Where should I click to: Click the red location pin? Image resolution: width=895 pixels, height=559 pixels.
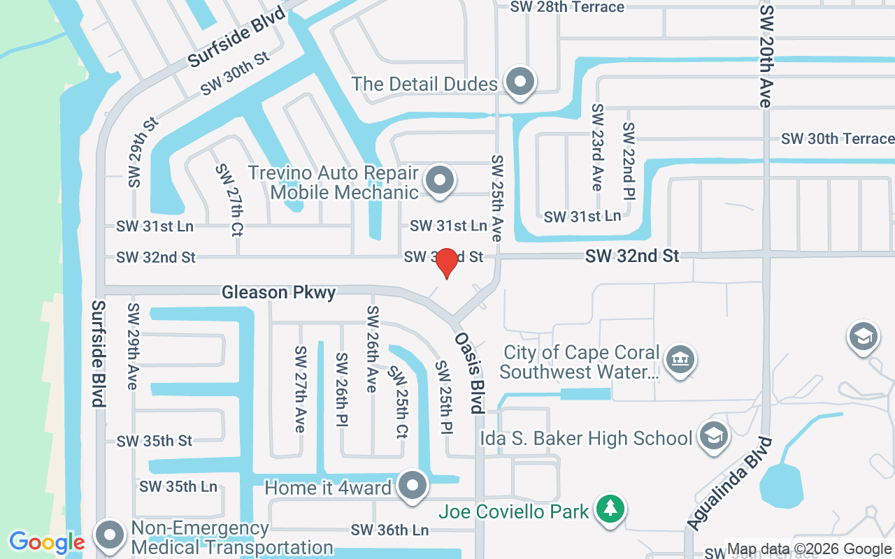point(446,263)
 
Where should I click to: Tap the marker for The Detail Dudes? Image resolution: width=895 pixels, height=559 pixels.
point(520,82)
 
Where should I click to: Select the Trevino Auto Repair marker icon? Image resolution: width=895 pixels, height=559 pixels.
point(440,180)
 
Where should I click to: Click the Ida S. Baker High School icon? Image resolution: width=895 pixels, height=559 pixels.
point(714,437)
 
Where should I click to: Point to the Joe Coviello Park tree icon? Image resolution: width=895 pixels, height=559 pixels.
point(611,508)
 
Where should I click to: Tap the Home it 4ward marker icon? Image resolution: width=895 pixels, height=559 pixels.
point(413,485)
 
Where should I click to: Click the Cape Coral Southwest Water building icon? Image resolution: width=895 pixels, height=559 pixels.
point(679,361)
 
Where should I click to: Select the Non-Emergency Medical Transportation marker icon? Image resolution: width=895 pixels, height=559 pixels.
point(109,535)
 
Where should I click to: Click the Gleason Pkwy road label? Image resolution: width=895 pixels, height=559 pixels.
point(278,292)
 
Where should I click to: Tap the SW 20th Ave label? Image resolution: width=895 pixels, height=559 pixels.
point(766,56)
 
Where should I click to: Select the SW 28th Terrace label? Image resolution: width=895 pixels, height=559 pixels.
point(567,7)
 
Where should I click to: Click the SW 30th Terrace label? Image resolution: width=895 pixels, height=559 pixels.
point(838,138)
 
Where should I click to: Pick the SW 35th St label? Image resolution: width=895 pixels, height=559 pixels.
point(154,441)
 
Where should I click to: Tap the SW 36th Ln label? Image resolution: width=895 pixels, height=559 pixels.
point(389,530)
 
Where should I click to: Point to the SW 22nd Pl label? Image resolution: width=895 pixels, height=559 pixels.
point(629,160)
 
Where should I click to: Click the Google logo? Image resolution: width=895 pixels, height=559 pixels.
point(46,542)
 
